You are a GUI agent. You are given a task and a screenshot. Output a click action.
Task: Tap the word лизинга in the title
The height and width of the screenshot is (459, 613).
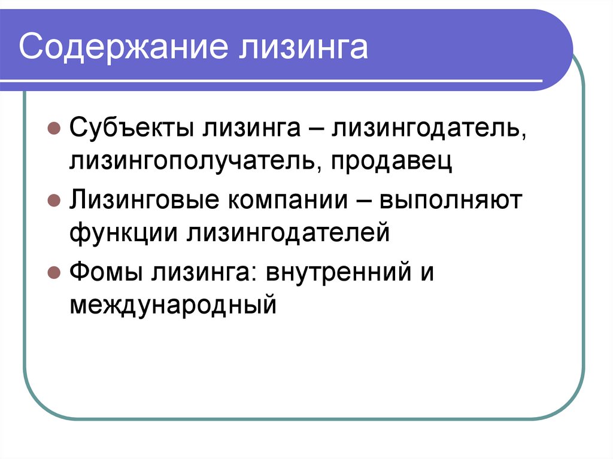(304, 48)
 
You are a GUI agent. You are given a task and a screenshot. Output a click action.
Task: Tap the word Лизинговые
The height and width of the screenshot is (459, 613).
(143, 200)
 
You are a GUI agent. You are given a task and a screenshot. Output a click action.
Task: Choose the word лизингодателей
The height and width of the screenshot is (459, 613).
(290, 233)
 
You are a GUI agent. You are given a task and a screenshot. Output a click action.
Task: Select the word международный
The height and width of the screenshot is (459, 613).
(174, 305)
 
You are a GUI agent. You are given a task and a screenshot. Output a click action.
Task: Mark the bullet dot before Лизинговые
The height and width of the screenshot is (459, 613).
(53, 201)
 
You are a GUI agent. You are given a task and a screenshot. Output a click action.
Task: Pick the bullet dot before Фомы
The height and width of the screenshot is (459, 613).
(53, 273)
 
